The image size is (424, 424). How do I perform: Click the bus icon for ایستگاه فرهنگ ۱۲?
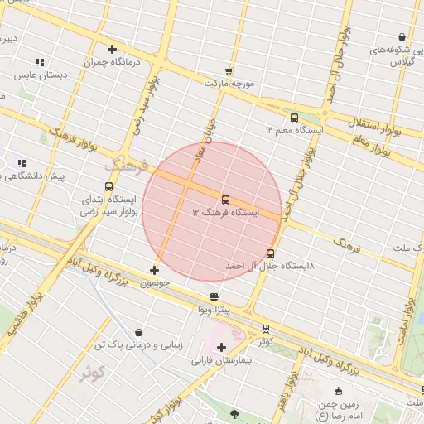tap(225, 200)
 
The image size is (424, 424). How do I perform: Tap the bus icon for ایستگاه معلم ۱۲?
tap(294, 117)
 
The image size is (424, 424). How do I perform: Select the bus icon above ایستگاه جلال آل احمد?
tap(270, 253)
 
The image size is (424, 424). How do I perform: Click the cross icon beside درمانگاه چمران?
tap(112, 49)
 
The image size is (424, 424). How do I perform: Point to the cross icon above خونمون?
tap(154, 270)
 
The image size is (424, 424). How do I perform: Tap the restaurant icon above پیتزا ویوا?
tap(214, 296)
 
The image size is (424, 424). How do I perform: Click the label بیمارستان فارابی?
tap(221, 360)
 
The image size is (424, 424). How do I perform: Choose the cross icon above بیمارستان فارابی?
tap(220, 346)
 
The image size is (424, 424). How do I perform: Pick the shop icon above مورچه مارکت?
tap(228, 71)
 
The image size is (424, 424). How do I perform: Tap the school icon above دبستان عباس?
tap(40, 62)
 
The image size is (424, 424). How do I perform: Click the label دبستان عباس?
tap(39, 75)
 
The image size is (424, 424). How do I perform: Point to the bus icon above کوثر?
tap(266, 329)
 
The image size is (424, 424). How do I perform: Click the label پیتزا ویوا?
tap(213, 310)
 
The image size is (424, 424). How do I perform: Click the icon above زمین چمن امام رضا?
tap(338, 392)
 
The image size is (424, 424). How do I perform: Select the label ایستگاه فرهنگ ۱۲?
tap(225, 213)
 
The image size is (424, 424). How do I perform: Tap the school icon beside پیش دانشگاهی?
tap(22, 164)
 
